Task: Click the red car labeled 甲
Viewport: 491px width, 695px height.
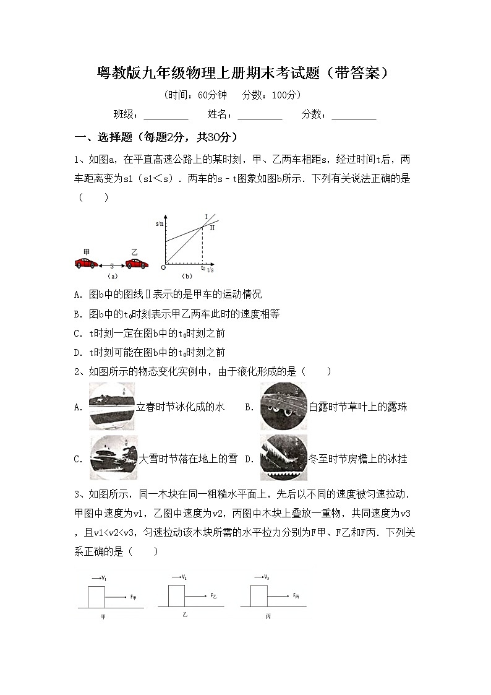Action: [85, 263]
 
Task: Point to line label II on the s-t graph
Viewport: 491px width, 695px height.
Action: [211, 228]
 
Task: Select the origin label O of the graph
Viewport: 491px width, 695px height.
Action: [163, 267]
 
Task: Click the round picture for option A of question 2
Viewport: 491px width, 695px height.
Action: [112, 407]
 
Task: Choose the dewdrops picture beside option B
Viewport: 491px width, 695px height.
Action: [283, 406]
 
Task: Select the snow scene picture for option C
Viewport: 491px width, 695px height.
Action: [114, 459]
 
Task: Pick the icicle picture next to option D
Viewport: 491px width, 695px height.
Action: [283, 458]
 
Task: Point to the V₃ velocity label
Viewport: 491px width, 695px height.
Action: [265, 577]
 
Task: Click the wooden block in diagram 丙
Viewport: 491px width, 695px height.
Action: [258, 596]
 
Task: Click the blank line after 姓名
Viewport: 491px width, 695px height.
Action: [260, 116]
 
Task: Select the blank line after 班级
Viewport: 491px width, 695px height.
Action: [166, 116]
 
